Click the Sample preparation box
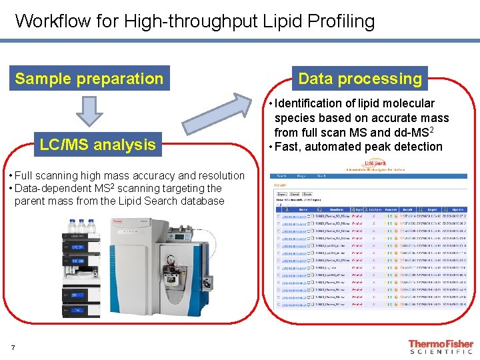point(89,79)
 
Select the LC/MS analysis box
point(97,144)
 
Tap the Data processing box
point(360,79)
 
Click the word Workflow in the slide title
point(51,21)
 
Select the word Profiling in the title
point(341,21)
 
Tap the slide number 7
point(13,347)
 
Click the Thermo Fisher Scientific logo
point(440,347)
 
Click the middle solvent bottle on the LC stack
point(81,225)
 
